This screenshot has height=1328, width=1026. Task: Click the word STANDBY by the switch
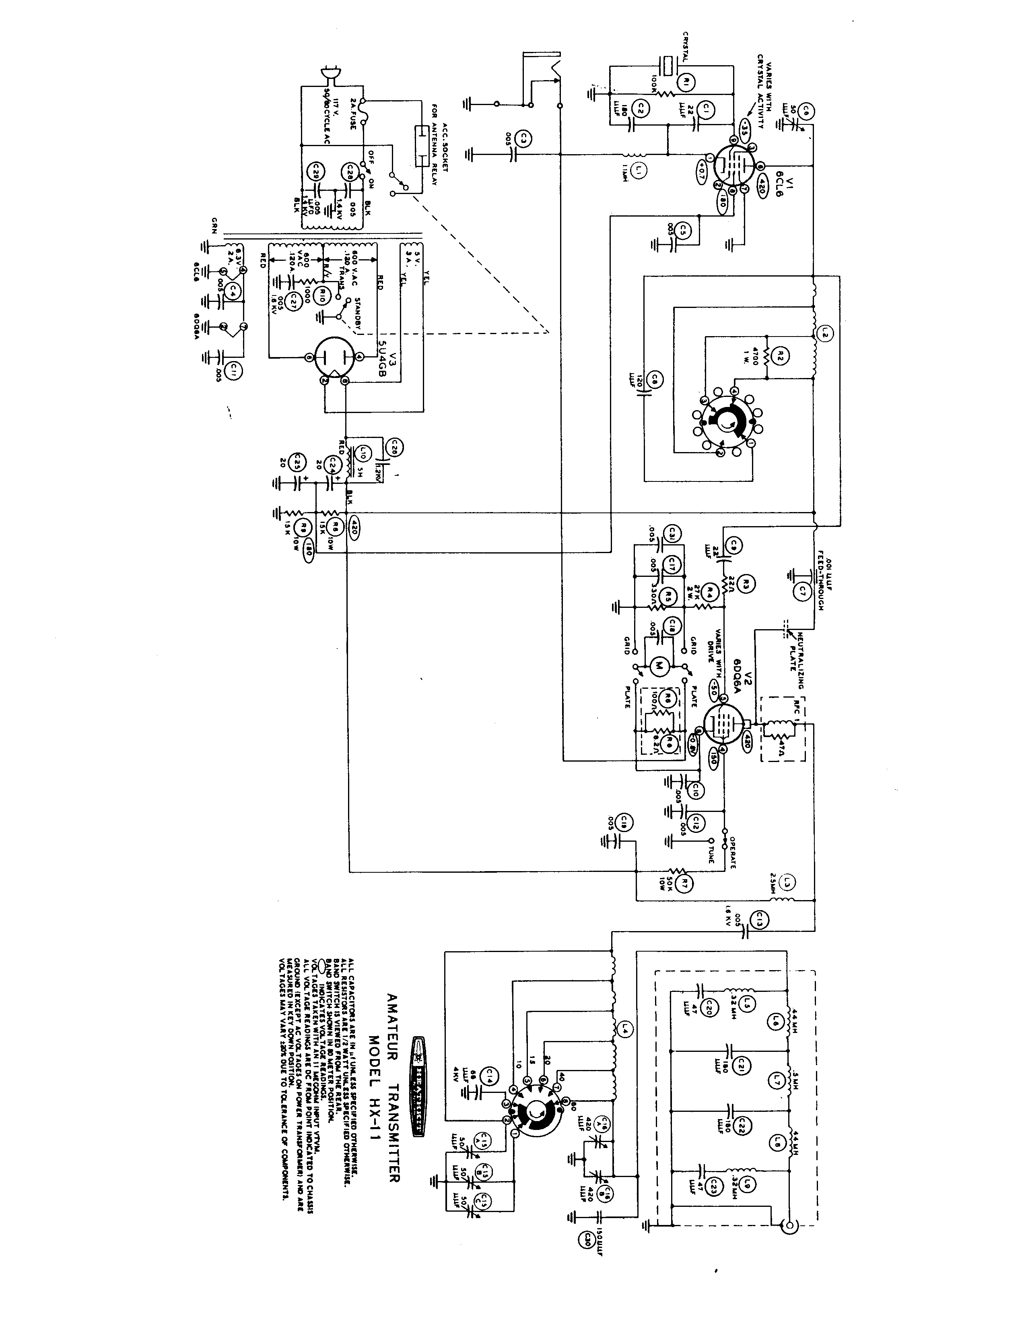tap(358, 314)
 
